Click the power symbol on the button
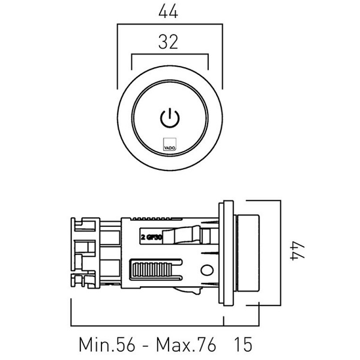(170, 118)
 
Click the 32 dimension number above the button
(169, 42)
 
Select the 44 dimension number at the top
(169, 11)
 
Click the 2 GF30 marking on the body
(151, 237)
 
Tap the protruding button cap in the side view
(249, 252)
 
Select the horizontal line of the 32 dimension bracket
(169, 55)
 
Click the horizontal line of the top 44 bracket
(169, 25)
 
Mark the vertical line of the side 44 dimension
(279, 252)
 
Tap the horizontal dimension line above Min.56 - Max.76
(147, 326)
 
